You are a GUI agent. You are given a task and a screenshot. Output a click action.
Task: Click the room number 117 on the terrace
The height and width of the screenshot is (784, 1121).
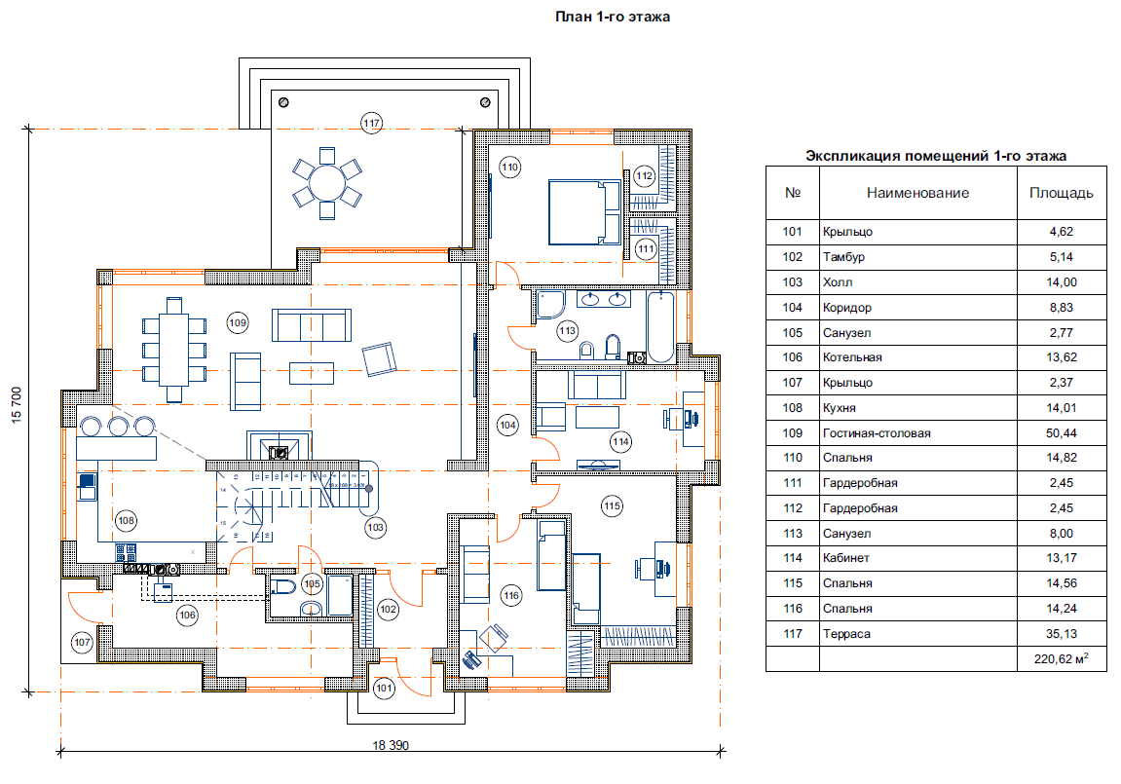370,124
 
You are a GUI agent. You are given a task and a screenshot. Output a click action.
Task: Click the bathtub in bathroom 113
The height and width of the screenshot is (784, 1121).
661,326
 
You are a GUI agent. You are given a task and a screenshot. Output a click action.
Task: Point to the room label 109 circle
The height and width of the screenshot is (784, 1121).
237,321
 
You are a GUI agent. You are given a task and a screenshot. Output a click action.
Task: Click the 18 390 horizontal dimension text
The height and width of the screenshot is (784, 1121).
391,746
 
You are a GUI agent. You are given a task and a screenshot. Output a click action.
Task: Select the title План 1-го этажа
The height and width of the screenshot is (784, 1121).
613,17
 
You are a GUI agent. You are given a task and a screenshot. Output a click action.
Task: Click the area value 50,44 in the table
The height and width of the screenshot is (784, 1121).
1061,433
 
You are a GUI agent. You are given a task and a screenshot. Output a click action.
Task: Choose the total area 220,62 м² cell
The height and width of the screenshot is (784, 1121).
1061,659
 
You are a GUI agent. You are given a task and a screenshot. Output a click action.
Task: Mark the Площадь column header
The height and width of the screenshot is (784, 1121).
1061,193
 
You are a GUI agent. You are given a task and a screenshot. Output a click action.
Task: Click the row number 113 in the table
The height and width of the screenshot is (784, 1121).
792,534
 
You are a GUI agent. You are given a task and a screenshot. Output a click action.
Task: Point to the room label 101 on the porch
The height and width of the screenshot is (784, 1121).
384,689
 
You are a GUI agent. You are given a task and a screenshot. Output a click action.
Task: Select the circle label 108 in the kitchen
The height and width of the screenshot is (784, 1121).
126,521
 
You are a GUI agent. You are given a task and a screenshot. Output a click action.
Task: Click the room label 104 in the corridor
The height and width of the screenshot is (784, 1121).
506,425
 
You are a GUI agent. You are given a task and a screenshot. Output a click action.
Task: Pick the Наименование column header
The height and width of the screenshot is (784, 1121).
917,193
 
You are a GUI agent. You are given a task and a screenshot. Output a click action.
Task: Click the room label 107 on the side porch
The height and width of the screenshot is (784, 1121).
82,642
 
